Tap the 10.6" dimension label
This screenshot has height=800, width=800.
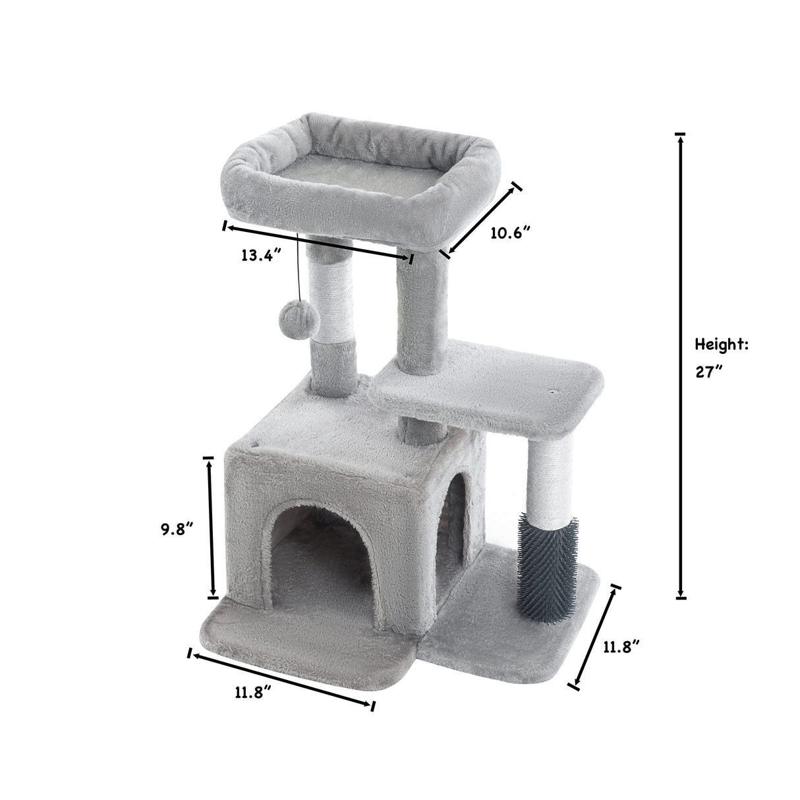[511, 233]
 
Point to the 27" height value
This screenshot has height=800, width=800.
[709, 371]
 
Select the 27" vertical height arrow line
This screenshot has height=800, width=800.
[680, 366]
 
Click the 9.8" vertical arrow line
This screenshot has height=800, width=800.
[210, 527]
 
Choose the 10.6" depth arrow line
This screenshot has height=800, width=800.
[482, 219]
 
